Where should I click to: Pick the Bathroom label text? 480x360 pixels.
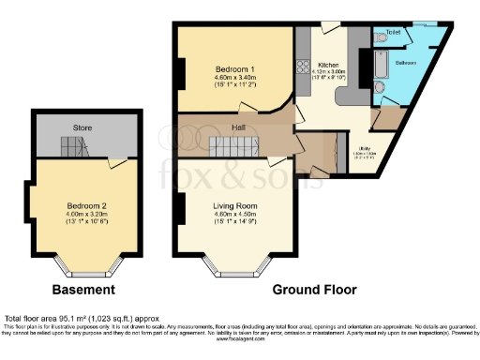tap(405, 63)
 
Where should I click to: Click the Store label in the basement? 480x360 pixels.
tap(83, 127)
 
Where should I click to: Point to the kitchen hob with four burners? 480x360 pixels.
tap(304, 68)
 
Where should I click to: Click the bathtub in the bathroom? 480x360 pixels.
tap(379, 63)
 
